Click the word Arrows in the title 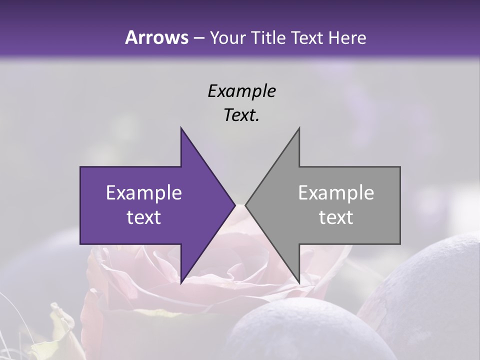[x=156, y=37]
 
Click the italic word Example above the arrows [x=241, y=91]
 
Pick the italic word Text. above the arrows [x=241, y=115]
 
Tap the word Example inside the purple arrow [x=144, y=193]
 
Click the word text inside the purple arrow [x=144, y=217]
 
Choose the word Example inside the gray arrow [x=336, y=193]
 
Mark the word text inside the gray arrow [x=336, y=217]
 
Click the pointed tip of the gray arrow [x=246, y=205]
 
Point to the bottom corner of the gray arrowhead [x=299, y=283]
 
